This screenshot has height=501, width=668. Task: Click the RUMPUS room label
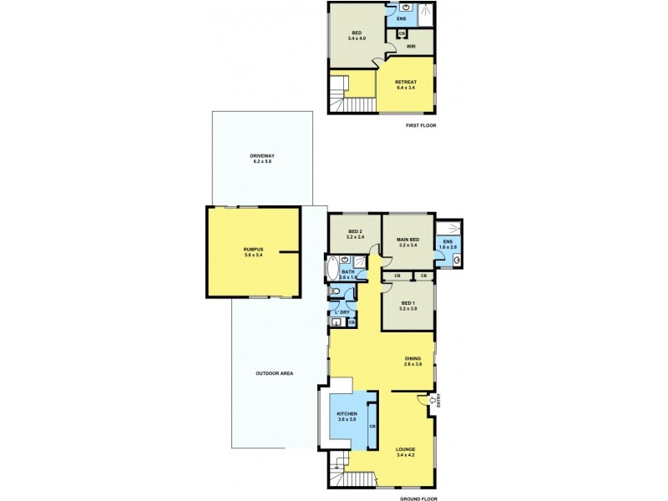(253, 251)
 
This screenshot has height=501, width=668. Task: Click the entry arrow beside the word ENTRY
(432, 402)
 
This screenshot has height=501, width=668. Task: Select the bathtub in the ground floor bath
(331, 271)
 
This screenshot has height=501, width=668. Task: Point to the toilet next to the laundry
(336, 291)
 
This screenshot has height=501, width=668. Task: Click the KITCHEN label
(347, 417)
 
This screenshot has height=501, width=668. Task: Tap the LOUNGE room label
(406, 451)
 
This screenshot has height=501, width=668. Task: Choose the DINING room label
(413, 361)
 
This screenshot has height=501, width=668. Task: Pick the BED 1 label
(407, 305)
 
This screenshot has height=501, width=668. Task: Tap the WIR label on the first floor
(411, 47)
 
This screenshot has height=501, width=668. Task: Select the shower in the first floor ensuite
(425, 11)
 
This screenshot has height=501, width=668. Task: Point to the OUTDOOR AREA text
(273, 373)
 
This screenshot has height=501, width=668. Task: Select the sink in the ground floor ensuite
(457, 261)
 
